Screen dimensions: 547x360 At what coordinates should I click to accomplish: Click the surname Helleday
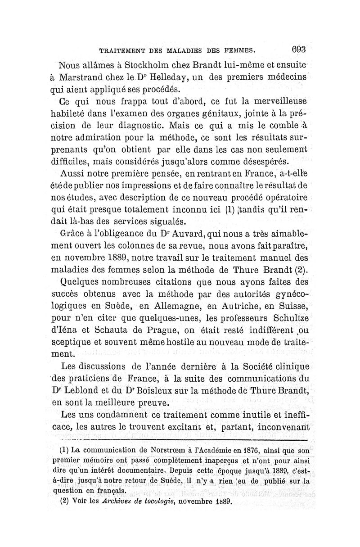pos(157,77)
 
